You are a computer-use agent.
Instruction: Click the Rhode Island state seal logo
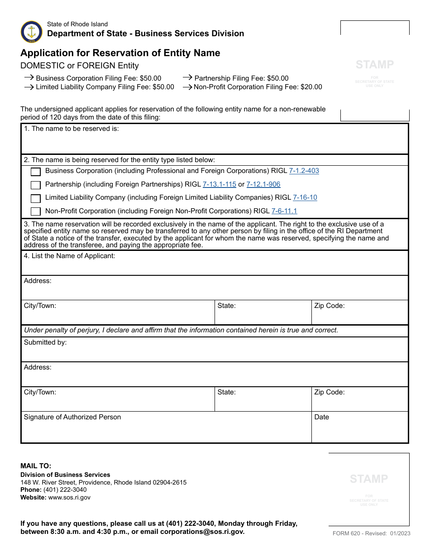[32, 32]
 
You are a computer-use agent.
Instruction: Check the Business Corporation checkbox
[36, 172]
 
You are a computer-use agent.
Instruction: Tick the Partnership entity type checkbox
[36, 185]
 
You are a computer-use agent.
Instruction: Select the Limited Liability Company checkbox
[36, 198]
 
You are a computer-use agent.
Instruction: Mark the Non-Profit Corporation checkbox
[36, 211]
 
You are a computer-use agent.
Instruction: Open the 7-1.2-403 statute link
[304, 171]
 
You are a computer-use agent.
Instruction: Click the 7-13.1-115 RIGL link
[219, 184]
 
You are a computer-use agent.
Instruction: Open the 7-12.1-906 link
[263, 184]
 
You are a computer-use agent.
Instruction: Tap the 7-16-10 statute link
[305, 197]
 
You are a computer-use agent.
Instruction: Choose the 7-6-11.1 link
[284, 211]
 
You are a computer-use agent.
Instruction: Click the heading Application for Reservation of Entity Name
[120, 53]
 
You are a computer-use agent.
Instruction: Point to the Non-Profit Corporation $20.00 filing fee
[258, 87]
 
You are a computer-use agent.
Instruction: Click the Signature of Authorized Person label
[72, 417]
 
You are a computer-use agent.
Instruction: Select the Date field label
[321, 417]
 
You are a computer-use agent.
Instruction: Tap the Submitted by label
[45, 342]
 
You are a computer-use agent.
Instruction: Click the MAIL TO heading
[36, 466]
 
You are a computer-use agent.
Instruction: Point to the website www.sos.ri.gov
[69, 497]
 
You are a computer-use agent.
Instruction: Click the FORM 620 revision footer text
[371, 533]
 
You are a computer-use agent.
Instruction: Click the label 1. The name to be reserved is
[72, 129]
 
